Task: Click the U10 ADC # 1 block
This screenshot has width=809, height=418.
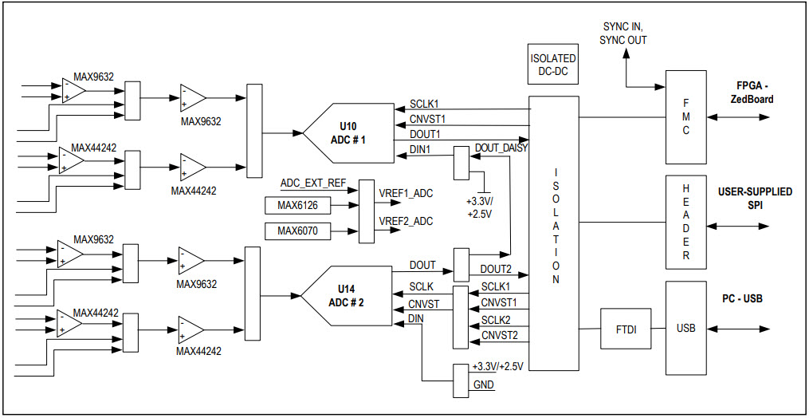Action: click(348, 132)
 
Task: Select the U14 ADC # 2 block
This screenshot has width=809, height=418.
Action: click(347, 296)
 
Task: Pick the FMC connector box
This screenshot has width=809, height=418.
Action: click(686, 116)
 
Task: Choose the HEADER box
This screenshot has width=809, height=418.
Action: click(686, 222)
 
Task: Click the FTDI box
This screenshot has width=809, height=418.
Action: click(626, 329)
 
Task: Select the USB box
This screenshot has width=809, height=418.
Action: click(686, 328)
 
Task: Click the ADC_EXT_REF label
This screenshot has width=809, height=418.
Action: click(313, 183)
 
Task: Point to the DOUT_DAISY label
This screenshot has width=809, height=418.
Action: click(501, 148)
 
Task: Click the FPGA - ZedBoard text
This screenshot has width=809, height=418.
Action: click(752, 93)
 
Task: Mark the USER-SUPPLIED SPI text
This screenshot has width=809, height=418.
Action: click(754, 199)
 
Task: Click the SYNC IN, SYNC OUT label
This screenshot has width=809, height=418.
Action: click(625, 34)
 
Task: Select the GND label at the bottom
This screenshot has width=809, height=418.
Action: click(483, 384)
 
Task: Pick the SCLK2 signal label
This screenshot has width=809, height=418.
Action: click(496, 319)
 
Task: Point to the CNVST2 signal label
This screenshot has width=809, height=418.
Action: click(499, 335)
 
